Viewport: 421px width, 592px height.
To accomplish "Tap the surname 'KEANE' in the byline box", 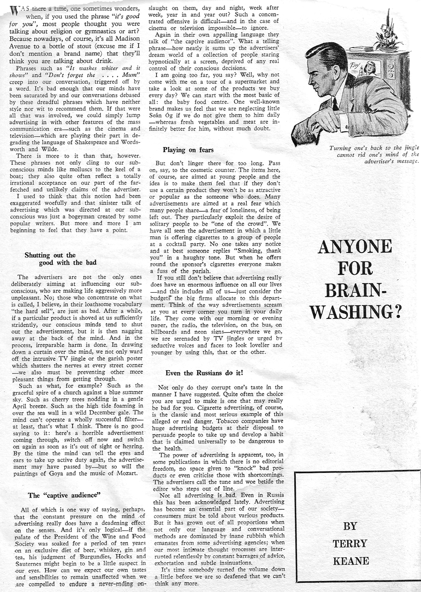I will (351, 561).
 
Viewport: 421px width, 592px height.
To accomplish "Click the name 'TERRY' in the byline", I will (350, 543).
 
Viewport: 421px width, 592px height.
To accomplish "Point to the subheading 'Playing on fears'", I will (188, 150).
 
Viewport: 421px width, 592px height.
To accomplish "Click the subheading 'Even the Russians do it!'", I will (204, 372).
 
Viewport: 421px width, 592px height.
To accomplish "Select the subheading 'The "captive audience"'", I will (64, 495).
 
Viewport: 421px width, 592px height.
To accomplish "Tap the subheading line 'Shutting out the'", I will (50, 255).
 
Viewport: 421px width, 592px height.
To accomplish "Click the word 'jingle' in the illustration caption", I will (411, 148).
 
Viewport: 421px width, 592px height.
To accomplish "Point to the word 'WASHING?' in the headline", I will (356, 311).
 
